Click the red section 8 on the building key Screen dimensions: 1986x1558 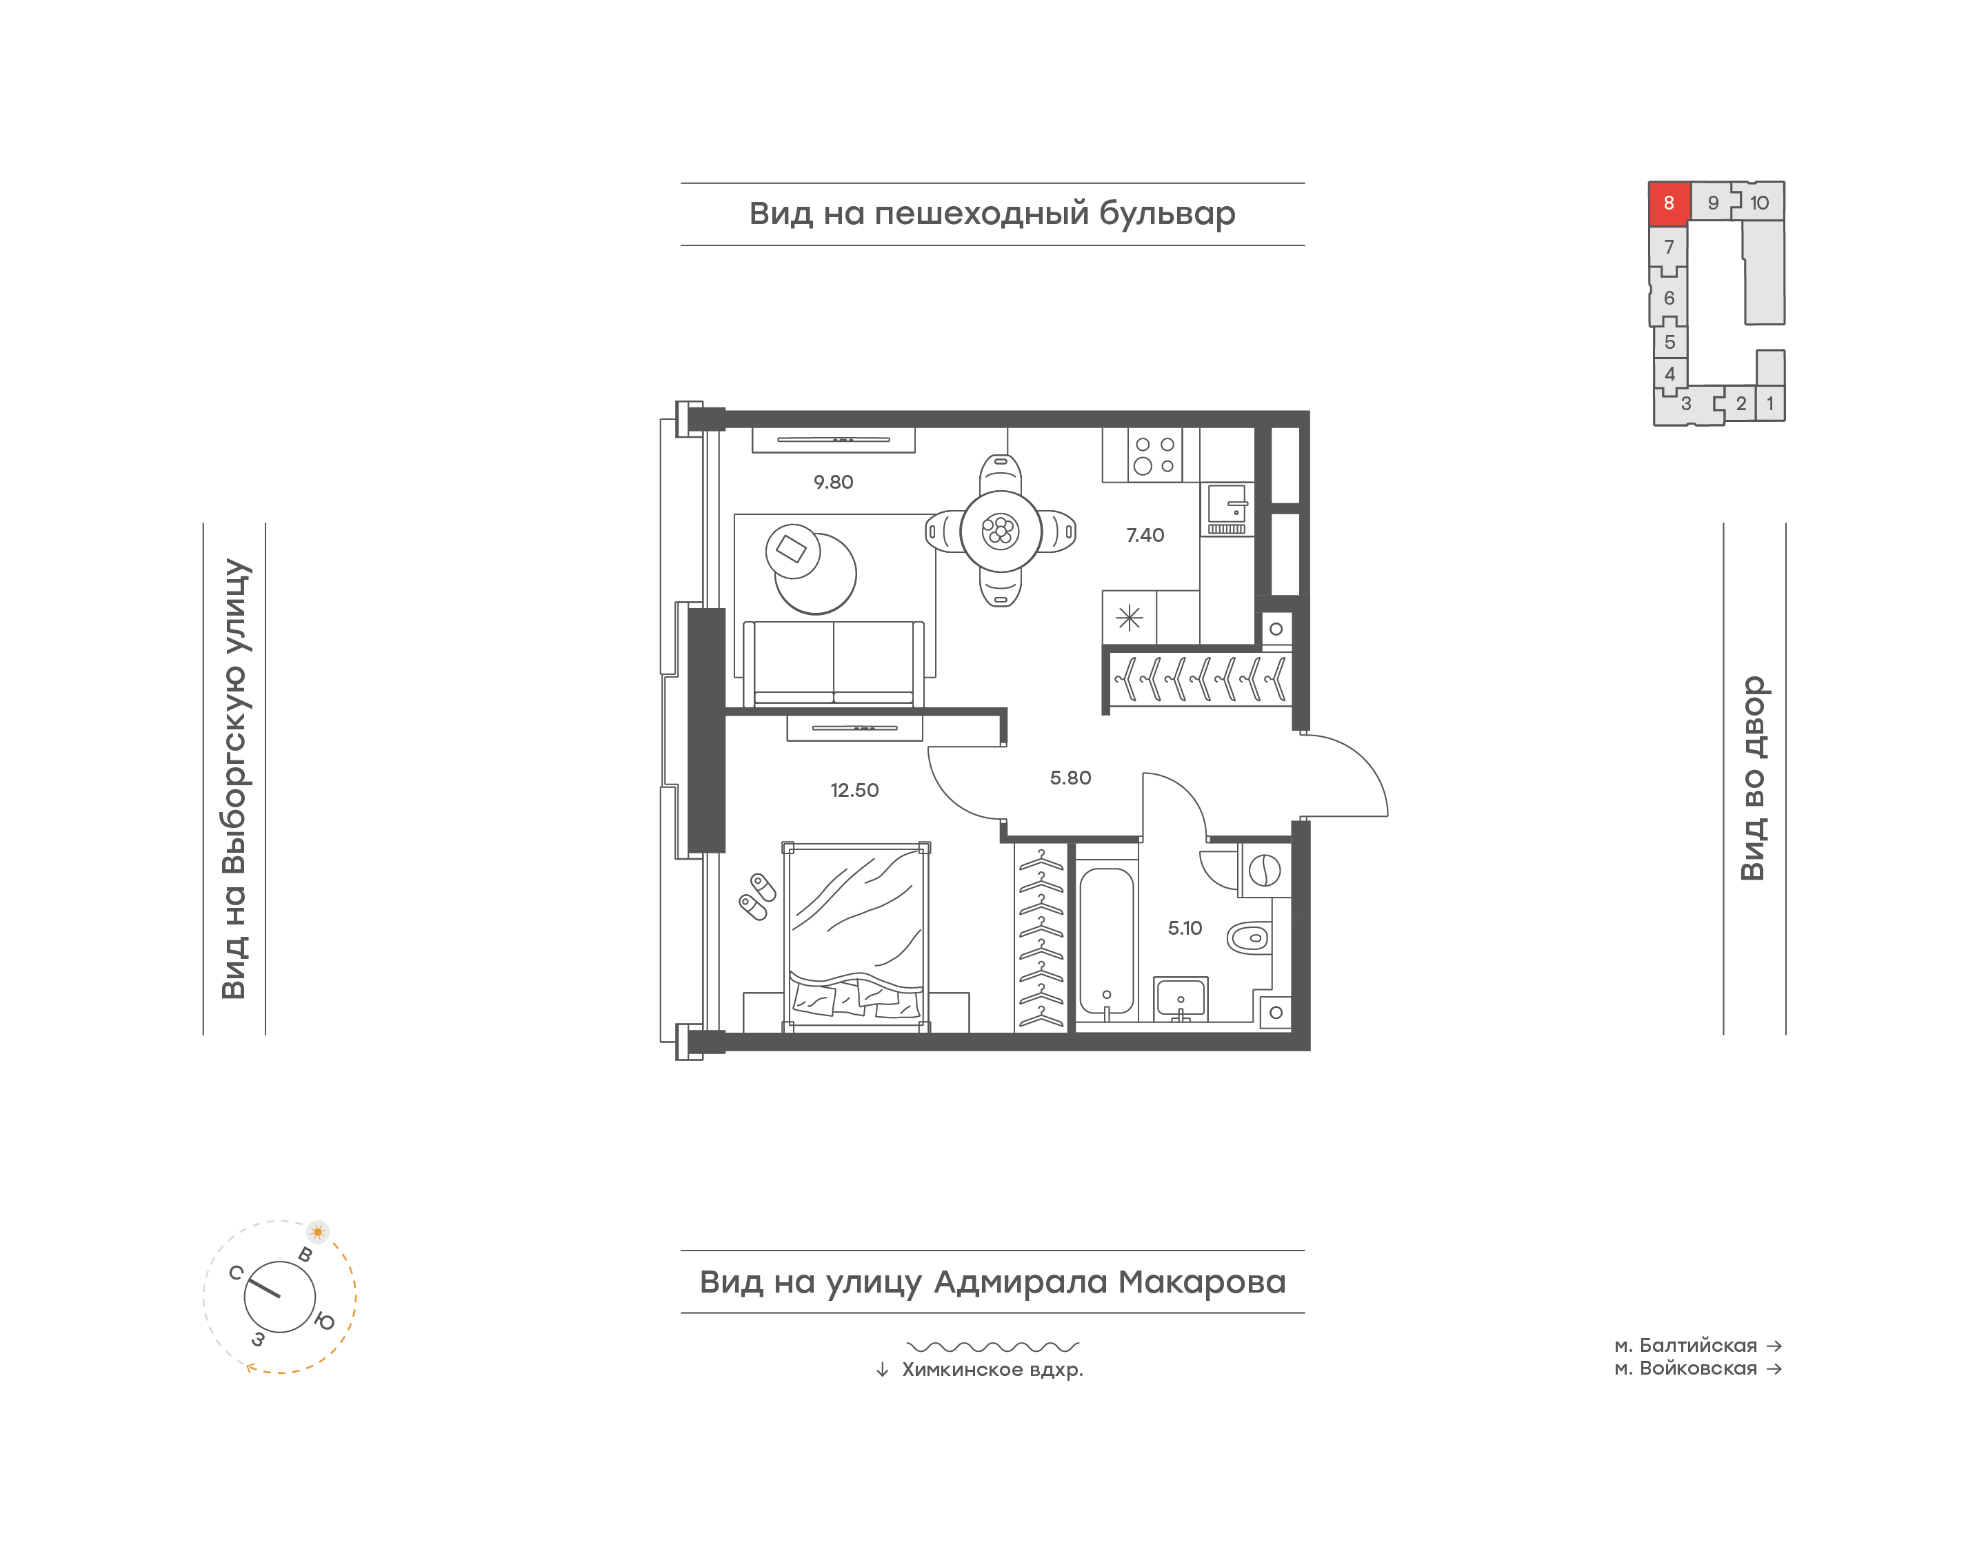coord(1669,203)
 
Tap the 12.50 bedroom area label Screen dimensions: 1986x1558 coord(854,790)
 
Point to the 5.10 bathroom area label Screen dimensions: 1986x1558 coord(1185,928)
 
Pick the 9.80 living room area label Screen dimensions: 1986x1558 coord(833,482)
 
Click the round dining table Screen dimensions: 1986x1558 coord(1001,531)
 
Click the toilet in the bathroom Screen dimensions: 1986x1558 coord(1248,937)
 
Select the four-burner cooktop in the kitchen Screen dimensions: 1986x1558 coord(1154,455)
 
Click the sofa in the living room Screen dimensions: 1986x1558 coord(834,664)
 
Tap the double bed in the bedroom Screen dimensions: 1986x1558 coord(856,937)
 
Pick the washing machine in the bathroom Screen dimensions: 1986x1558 coord(1265,870)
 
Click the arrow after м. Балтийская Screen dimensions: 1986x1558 coord(1774,1346)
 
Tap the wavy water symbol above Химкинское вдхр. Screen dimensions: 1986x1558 coord(992,1346)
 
